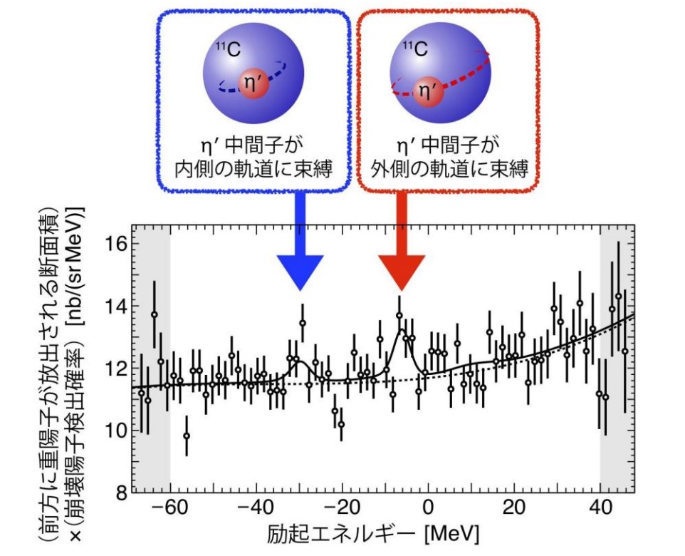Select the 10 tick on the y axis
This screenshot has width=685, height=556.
point(119,431)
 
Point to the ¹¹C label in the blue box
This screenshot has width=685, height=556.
point(227,50)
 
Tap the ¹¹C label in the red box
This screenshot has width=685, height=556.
point(415,49)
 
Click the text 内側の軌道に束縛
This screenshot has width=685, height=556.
point(254,172)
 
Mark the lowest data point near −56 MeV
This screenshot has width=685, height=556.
point(187,436)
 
